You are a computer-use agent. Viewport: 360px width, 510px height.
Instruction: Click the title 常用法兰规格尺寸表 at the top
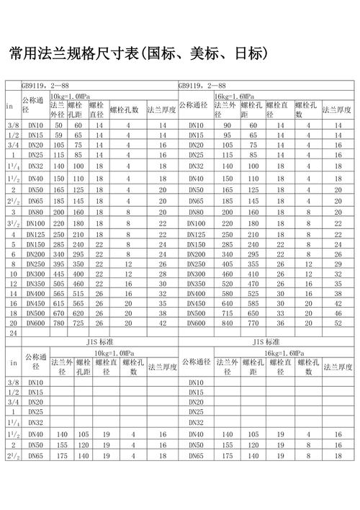pos(137,54)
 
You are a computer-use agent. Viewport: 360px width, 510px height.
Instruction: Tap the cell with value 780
pos(59,324)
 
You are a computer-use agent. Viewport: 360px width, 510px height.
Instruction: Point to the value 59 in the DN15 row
pos(59,135)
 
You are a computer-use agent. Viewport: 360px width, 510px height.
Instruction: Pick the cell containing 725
pos(78,324)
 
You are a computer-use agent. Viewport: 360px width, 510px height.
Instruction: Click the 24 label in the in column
pos(12,334)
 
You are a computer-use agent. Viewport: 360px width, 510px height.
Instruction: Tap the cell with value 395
pos(59,264)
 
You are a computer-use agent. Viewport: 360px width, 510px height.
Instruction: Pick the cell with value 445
pos(59,274)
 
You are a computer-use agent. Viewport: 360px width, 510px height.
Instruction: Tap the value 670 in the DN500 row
pos(59,314)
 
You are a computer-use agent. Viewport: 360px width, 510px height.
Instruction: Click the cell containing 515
pos(78,294)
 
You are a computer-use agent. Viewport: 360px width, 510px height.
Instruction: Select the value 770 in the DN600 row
pos(251,324)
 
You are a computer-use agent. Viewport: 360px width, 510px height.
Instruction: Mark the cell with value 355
pos(251,264)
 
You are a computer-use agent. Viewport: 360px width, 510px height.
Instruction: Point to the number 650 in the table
pos(251,314)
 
